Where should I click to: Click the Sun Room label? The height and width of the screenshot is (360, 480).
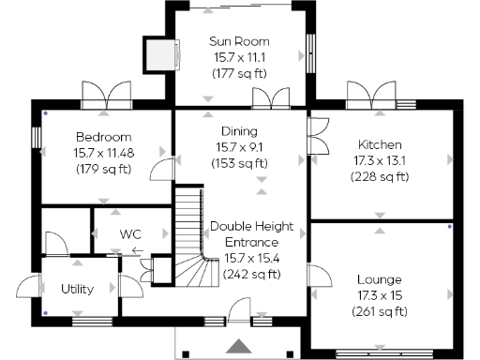coord(240,41)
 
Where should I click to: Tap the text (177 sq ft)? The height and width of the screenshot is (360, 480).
coord(240,73)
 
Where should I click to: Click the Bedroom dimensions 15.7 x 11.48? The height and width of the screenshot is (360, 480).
coord(103,153)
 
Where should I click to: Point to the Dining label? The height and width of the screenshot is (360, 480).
coord(240,131)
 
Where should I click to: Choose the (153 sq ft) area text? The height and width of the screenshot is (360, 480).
coord(240,163)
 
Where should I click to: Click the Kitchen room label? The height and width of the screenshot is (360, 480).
coord(380,144)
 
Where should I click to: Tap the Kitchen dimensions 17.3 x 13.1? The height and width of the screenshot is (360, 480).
coord(380,160)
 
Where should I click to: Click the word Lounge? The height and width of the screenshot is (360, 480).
coord(380,279)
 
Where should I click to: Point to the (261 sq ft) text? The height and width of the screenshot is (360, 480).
coord(380,311)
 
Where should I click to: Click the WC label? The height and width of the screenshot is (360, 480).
coord(129,233)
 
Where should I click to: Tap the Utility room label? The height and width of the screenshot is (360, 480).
coord(77,289)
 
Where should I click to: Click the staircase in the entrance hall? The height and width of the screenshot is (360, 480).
coord(191,234)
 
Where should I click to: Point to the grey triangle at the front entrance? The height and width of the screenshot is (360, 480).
coord(241,346)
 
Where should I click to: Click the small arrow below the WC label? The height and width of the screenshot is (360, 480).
coord(137,250)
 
